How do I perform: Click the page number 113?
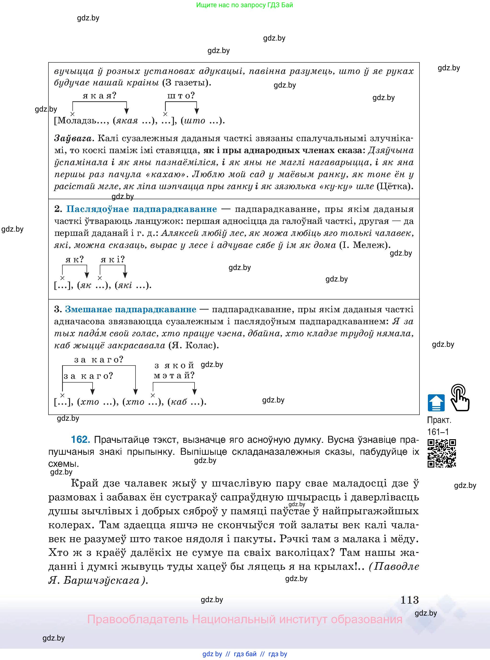[409, 600]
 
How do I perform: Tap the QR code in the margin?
[442, 453]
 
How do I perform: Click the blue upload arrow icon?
[436, 403]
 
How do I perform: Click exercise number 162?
[80, 439]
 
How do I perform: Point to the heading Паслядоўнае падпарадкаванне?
[142, 209]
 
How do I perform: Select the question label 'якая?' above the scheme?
[99, 96]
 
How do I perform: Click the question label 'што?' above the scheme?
[181, 96]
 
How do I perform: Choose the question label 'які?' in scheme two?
[113, 260]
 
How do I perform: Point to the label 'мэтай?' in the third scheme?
[174, 376]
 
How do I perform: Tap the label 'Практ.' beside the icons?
[439, 420]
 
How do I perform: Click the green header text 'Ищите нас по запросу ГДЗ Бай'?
[244, 5]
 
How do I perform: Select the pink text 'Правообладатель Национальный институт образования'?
[244, 620]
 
